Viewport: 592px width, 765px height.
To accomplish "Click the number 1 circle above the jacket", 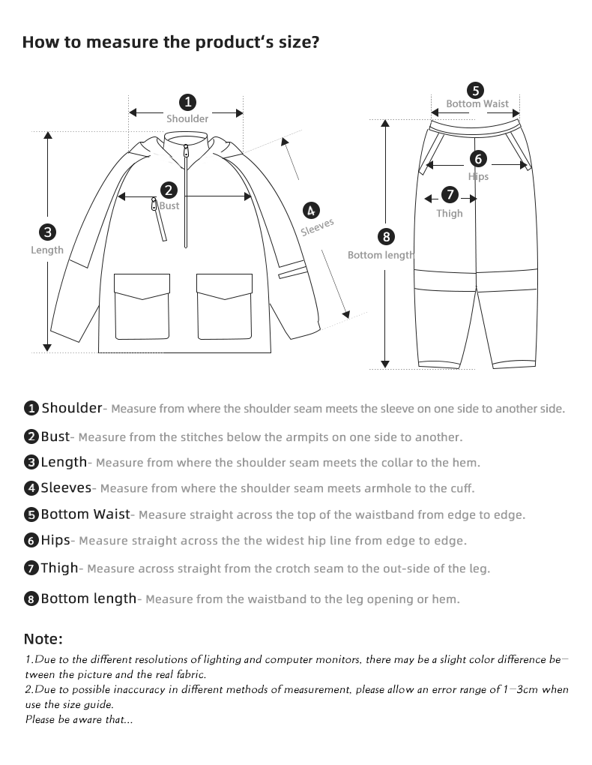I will tap(187, 102).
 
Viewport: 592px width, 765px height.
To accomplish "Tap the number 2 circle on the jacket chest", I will tap(169, 190).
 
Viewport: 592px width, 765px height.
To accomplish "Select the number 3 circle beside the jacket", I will tap(47, 232).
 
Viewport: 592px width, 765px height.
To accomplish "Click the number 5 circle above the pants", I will tap(476, 90).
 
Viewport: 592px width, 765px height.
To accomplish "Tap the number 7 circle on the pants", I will tap(450, 195).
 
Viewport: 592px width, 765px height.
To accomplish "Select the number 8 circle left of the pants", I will tap(386, 237).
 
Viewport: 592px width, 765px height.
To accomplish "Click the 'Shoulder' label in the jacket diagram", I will tap(187, 118).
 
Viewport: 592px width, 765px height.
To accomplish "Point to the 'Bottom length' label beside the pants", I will tap(381, 255).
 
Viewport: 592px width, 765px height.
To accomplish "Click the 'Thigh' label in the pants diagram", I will tap(450, 213).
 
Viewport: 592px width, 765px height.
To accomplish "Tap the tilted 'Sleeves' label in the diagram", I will tap(317, 227).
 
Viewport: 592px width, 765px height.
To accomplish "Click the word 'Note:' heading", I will tap(43, 639).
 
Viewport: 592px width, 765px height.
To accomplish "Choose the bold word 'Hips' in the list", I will tap(56, 540).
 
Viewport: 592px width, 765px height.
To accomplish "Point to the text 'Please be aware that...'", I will tap(79, 720).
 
